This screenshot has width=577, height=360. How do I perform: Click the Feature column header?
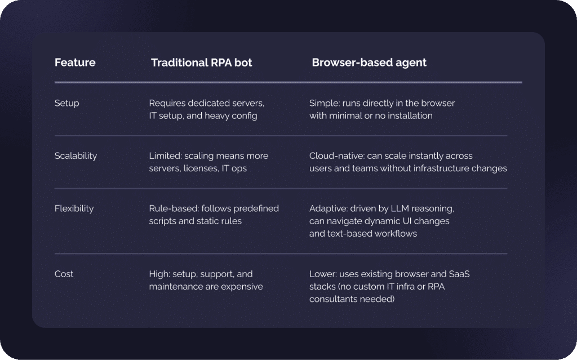coord(75,63)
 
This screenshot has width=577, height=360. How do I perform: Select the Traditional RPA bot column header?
coord(202,63)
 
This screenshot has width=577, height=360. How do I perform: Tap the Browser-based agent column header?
coord(369,63)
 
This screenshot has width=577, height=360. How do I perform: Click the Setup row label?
coord(66,104)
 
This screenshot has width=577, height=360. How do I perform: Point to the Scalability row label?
coord(76,156)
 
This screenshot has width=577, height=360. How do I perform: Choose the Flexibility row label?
coord(74,208)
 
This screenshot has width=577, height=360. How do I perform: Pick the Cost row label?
coord(64,274)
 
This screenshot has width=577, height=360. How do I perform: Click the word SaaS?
coord(459,274)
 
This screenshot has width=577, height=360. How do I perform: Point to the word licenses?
coord(202,168)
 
